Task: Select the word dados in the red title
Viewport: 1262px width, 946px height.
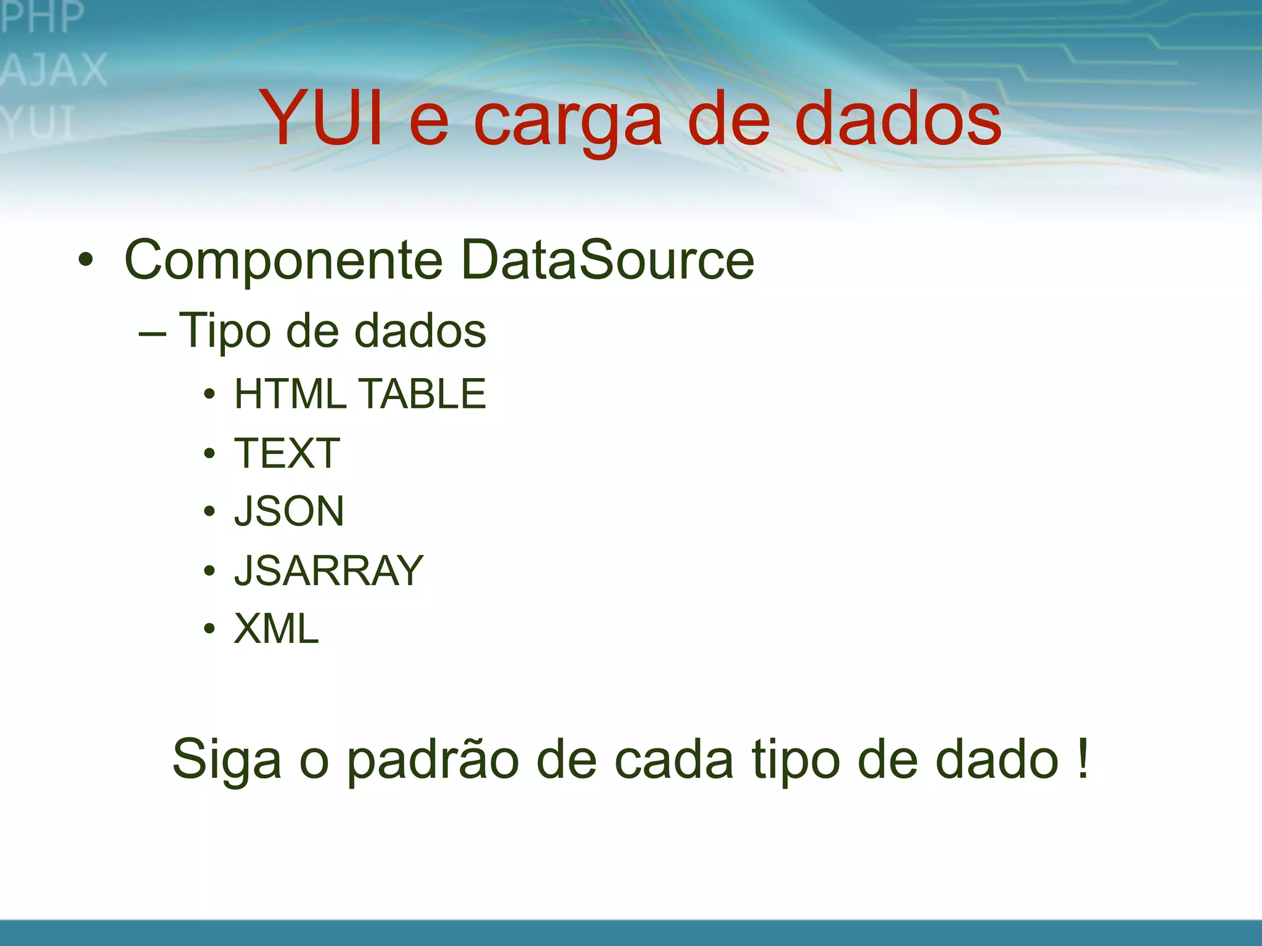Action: [x=898, y=118]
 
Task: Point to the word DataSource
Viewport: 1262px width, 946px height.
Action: [x=607, y=260]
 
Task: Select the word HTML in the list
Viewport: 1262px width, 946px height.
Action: [x=290, y=394]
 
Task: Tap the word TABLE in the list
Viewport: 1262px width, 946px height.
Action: [x=422, y=394]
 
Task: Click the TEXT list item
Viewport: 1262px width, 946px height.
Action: [x=287, y=453]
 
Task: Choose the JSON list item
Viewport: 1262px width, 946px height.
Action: [x=289, y=511]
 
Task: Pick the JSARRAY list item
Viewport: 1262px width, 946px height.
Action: [x=329, y=570]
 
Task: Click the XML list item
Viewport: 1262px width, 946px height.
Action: [x=277, y=629]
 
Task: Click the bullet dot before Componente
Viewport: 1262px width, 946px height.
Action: [x=86, y=260]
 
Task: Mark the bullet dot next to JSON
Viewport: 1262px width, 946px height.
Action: [x=210, y=511]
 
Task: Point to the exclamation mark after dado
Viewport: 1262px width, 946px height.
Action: [x=1083, y=759]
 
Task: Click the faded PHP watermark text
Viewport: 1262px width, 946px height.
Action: [x=42, y=17]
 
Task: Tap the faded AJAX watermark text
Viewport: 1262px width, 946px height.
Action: [x=54, y=69]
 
